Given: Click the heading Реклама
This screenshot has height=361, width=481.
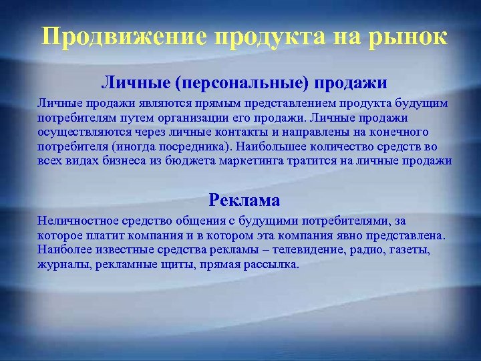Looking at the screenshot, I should click(x=244, y=199).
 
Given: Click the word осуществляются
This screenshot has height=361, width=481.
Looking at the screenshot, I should click(x=79, y=132).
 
